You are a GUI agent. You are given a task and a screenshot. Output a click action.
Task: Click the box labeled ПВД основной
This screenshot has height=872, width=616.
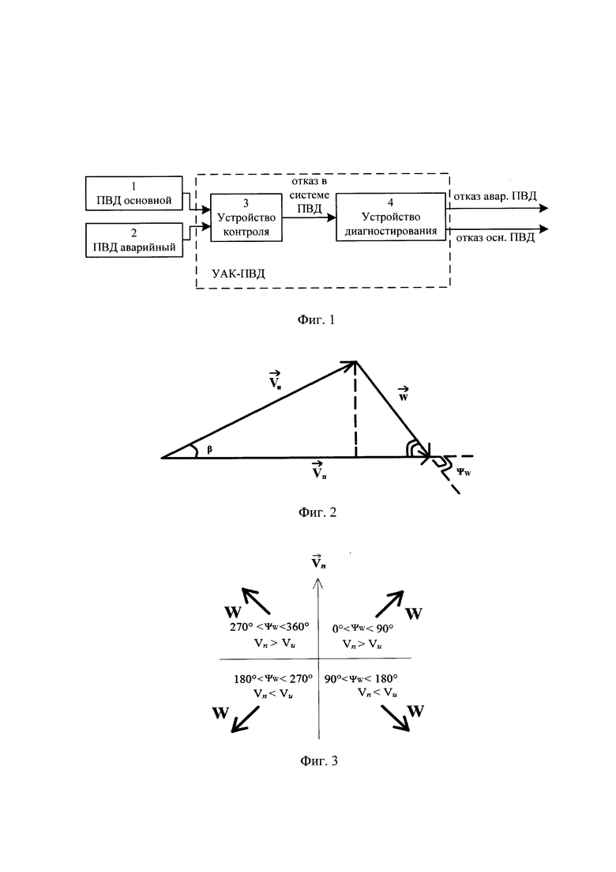[x=134, y=194]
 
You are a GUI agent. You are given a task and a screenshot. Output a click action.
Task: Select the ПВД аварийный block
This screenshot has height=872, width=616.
[x=134, y=240]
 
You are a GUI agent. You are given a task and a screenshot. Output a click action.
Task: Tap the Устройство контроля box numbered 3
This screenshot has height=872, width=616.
[x=246, y=217]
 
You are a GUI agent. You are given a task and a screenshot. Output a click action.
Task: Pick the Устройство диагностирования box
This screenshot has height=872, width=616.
[x=391, y=217]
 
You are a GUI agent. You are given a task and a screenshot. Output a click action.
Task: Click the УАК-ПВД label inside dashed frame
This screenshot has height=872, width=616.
[x=239, y=274]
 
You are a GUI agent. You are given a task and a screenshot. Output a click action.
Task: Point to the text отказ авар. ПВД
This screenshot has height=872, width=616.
[x=495, y=196]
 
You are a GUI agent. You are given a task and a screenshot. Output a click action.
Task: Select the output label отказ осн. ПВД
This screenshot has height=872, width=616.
[x=495, y=238]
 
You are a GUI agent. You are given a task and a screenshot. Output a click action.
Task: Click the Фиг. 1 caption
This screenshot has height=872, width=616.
[x=317, y=319]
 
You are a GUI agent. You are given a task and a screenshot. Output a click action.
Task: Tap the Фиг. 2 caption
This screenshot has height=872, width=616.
[x=317, y=512]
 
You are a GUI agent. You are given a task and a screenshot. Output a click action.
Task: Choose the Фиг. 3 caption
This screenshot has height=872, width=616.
[x=319, y=761]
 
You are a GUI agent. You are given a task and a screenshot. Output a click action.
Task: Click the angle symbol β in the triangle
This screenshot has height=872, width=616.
[x=209, y=450]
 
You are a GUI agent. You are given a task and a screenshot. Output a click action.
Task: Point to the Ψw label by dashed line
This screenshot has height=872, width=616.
[x=464, y=472]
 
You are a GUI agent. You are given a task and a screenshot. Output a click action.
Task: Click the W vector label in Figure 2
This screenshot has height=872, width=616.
[x=404, y=394]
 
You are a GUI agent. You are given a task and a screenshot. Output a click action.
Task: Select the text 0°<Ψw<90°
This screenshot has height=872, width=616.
[x=362, y=629]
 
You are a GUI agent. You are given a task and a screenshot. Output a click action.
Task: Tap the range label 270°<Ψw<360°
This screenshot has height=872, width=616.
[x=269, y=627]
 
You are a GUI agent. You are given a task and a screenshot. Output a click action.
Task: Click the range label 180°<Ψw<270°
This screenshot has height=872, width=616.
[x=273, y=679]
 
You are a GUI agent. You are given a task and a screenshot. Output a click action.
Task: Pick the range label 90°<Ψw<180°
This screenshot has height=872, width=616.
[x=361, y=679]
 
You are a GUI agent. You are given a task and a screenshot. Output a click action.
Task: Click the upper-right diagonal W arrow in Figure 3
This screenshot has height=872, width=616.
[x=390, y=604]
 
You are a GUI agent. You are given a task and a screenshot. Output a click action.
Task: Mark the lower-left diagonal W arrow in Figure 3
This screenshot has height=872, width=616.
[x=245, y=719]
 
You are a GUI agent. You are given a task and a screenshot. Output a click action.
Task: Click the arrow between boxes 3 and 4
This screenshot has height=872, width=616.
[x=309, y=217]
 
